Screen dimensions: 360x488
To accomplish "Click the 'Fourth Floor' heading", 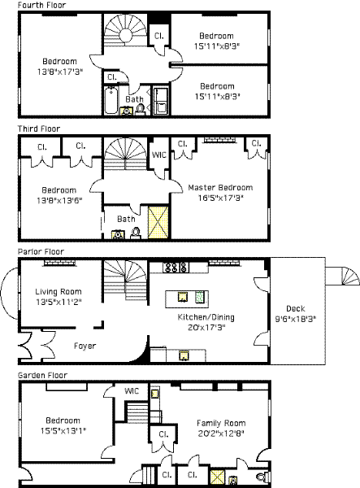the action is (x=41, y=5).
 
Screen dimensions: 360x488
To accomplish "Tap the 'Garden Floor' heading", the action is (x=42, y=375).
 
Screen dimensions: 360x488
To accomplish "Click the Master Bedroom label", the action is (x=220, y=188).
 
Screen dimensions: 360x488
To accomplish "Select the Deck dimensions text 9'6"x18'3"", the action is (x=296, y=319).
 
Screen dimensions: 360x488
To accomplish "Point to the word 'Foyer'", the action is (x=85, y=346).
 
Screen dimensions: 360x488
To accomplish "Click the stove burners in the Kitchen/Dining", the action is (x=176, y=267).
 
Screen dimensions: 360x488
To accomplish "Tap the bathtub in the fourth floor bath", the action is (x=111, y=101).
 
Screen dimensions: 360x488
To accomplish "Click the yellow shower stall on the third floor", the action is (x=158, y=222).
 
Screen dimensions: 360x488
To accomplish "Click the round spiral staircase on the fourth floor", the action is (x=125, y=31).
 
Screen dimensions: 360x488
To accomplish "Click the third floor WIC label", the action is (x=158, y=155).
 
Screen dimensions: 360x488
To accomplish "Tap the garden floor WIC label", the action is (x=132, y=391).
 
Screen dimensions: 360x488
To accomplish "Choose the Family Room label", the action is (x=221, y=423).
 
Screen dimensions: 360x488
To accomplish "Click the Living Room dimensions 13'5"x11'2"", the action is (x=59, y=302).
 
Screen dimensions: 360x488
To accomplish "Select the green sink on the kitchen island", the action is (x=199, y=297).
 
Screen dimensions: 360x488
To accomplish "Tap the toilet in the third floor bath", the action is (x=136, y=233).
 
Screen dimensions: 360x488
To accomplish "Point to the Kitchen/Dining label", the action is (x=206, y=317).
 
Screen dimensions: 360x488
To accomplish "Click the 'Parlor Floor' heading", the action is (x=41, y=251).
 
